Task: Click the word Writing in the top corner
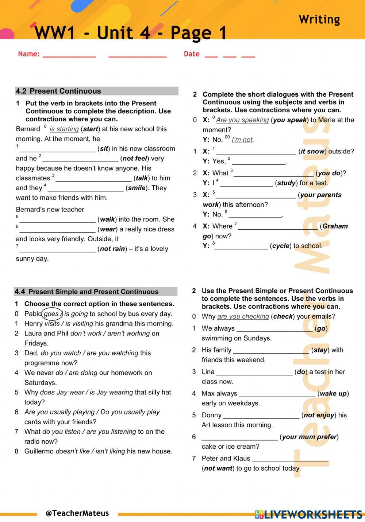[319, 20]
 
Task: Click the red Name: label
[29, 54]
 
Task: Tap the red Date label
[192, 54]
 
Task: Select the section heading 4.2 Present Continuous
[58, 91]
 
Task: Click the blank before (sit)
[57, 149]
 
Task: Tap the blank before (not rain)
[57, 249]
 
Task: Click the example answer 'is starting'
[64, 129]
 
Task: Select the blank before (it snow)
[256, 152]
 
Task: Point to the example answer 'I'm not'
[242, 140]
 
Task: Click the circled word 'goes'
[51, 314]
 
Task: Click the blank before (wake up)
[277, 394]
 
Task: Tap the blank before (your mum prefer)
[239, 437]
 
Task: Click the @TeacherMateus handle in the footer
[77, 513]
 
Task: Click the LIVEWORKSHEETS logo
[309, 514]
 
